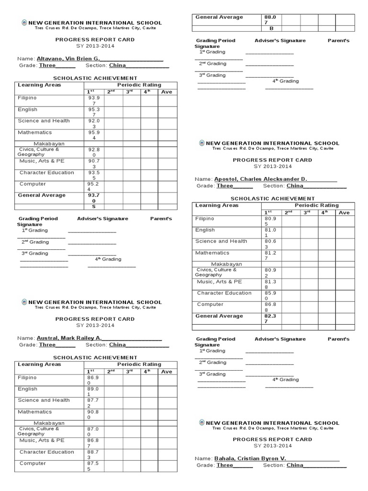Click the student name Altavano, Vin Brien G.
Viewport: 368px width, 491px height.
(72, 58)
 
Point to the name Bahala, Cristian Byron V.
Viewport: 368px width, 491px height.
(250, 458)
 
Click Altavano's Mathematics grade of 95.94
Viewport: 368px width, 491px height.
(94, 135)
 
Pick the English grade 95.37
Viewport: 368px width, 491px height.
(94, 112)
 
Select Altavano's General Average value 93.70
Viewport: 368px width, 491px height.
(94, 198)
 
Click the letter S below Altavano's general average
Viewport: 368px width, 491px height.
(94, 207)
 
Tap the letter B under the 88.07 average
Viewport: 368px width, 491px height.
(271, 28)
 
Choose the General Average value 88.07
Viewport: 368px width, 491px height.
(271, 20)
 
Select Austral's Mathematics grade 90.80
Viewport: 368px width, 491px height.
(94, 414)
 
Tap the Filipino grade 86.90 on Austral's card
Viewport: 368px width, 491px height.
(94, 380)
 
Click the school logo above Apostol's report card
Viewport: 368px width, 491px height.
(202, 143)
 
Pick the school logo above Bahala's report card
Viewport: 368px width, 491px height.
(202, 422)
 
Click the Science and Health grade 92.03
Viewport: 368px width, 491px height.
(94, 124)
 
